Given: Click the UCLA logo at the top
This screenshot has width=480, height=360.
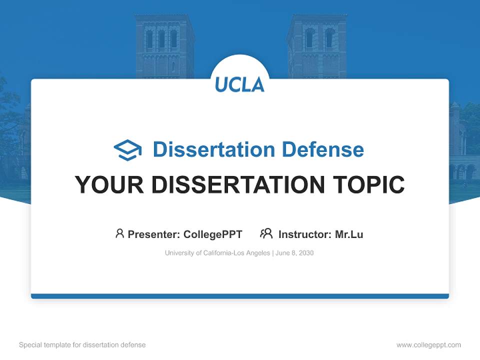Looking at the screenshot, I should (240, 84).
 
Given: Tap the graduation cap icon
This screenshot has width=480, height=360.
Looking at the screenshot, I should (127, 150).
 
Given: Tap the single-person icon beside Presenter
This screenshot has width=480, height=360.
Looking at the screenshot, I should (119, 233).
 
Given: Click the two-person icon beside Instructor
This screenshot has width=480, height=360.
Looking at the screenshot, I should (266, 233).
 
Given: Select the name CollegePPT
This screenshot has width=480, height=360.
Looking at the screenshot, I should (213, 234).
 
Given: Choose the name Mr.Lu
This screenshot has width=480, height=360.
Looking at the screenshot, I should (349, 234).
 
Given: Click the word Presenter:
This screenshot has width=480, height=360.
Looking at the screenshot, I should (154, 234).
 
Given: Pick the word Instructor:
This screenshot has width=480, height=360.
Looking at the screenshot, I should (304, 234).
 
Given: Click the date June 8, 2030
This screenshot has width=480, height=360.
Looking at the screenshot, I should (295, 253).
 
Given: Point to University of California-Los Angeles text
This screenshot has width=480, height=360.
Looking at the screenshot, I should (217, 253).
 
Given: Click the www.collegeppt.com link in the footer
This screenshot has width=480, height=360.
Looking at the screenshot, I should (428, 345).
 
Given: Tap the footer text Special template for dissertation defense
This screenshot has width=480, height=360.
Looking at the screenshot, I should (82, 345).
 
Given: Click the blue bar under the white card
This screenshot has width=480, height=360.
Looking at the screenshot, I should (240, 296).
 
